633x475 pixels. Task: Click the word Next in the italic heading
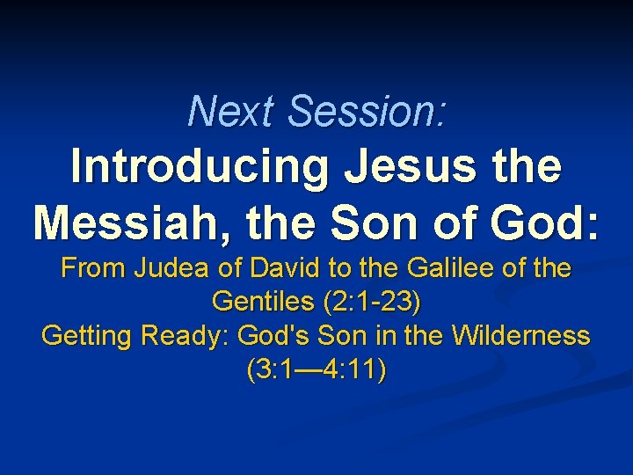pos(232,112)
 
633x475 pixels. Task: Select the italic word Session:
pos(367,112)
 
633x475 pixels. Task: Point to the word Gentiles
pos(264,303)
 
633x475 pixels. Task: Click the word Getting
pos(82,337)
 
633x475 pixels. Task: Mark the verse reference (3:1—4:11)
pos(316,370)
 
